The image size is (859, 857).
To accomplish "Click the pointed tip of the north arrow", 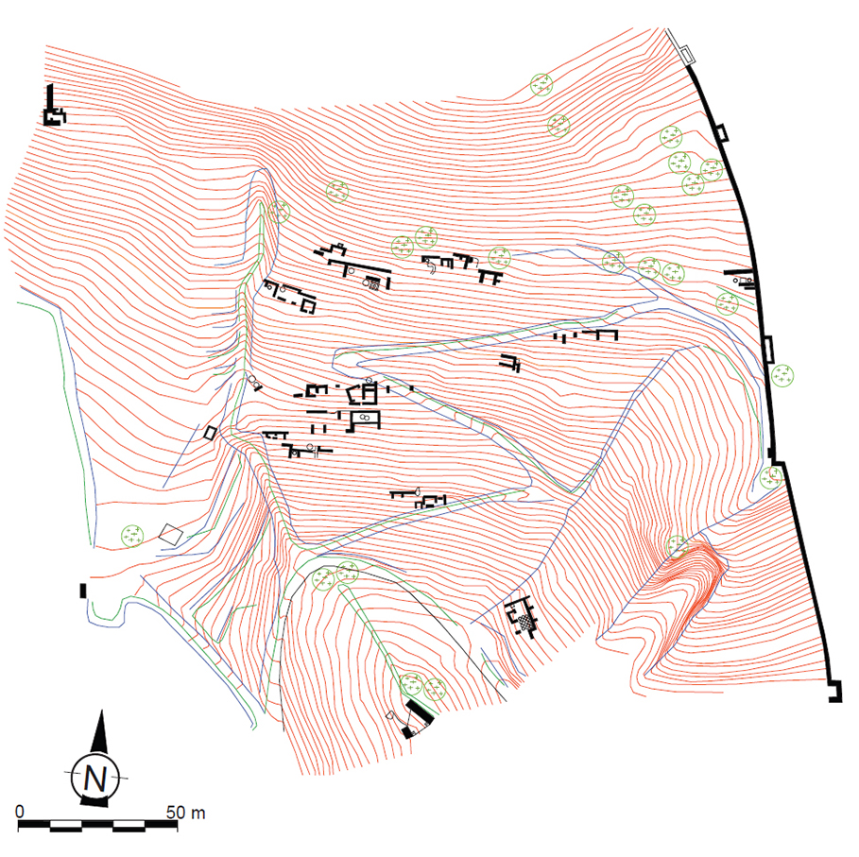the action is pos(102,711).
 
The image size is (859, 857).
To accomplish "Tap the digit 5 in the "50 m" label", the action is pos(171,812).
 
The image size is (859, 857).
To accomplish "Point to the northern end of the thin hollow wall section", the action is pos(667,30).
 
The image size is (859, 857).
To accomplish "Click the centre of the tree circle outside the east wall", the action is pos(782,376).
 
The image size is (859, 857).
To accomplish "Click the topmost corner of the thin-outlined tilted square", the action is pos(171,524).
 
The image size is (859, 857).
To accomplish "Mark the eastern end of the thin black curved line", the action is pos(506,700).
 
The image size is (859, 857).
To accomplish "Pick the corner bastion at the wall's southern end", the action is pos(834,691).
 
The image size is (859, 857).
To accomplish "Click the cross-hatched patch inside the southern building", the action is pos(526,621).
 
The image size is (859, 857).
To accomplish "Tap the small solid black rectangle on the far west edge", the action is pos(83,591).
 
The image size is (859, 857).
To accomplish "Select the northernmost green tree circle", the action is pos(541,85).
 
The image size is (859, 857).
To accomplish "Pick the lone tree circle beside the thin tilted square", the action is pos(132,536).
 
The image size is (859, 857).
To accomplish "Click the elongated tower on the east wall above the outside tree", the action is pos(768,349).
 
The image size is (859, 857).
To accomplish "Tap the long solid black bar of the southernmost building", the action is pos(420,712).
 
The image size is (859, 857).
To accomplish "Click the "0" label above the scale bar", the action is pos(20,811).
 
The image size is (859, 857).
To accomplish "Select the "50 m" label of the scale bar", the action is pos(186,812).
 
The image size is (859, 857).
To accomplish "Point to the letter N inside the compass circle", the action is pos(95,778).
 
